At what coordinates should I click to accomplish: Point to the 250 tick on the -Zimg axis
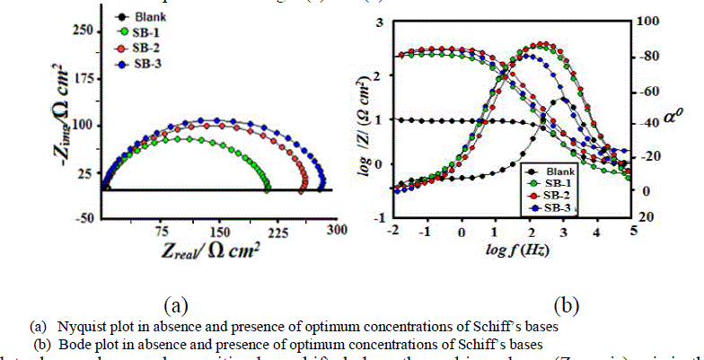[x=81, y=31]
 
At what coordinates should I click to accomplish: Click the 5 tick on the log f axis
[x=634, y=231]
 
